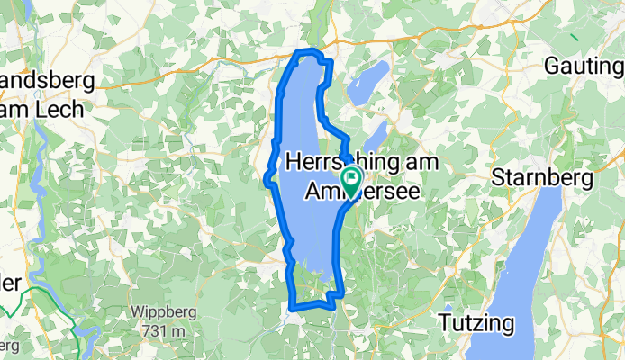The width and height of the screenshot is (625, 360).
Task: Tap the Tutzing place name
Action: pos(476,322)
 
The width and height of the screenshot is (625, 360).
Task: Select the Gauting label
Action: pos(584,67)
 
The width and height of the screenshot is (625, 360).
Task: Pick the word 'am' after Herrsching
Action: pos(420,162)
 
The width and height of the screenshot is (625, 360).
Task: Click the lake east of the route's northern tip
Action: pos(368,82)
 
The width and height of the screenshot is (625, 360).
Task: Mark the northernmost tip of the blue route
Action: pos(308,50)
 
